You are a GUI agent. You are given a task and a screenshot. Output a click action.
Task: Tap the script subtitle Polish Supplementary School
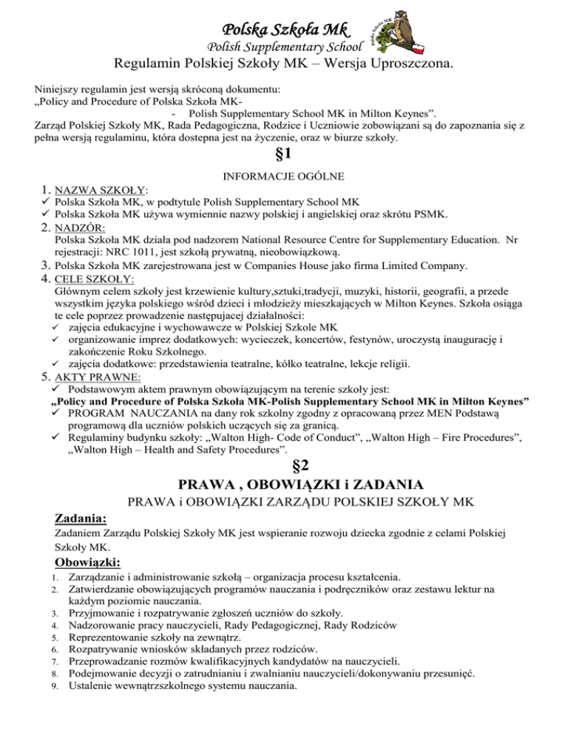point(284,49)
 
